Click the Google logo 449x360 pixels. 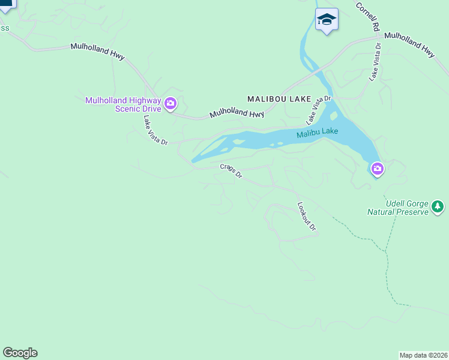20,353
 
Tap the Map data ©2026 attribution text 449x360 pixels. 424,355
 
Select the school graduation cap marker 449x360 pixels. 327,20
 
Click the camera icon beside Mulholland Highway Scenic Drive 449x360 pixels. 170,105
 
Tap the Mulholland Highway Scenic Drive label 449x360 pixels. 123,105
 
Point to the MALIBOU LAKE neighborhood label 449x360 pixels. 279,98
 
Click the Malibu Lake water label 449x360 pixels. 317,133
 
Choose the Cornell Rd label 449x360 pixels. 368,17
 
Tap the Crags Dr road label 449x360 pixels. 231,172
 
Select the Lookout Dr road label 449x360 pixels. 307,216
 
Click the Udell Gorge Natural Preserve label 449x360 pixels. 399,208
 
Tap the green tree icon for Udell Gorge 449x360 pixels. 438,207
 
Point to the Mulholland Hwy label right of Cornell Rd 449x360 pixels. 409,44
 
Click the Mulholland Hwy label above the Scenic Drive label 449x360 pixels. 97,51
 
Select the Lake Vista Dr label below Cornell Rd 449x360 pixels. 375,61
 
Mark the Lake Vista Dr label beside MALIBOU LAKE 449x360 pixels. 319,106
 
